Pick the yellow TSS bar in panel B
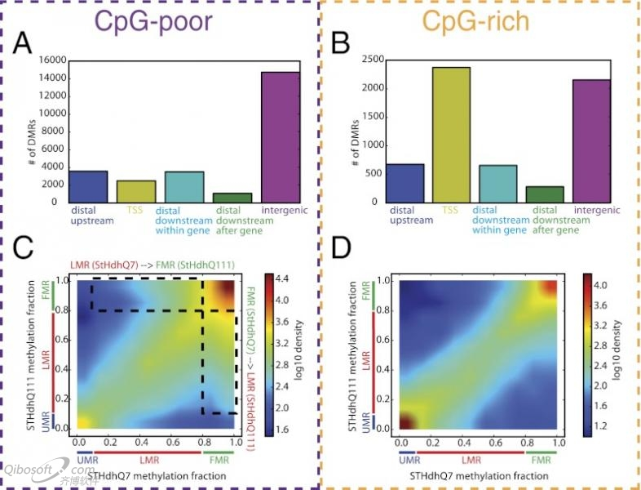(453, 135)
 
